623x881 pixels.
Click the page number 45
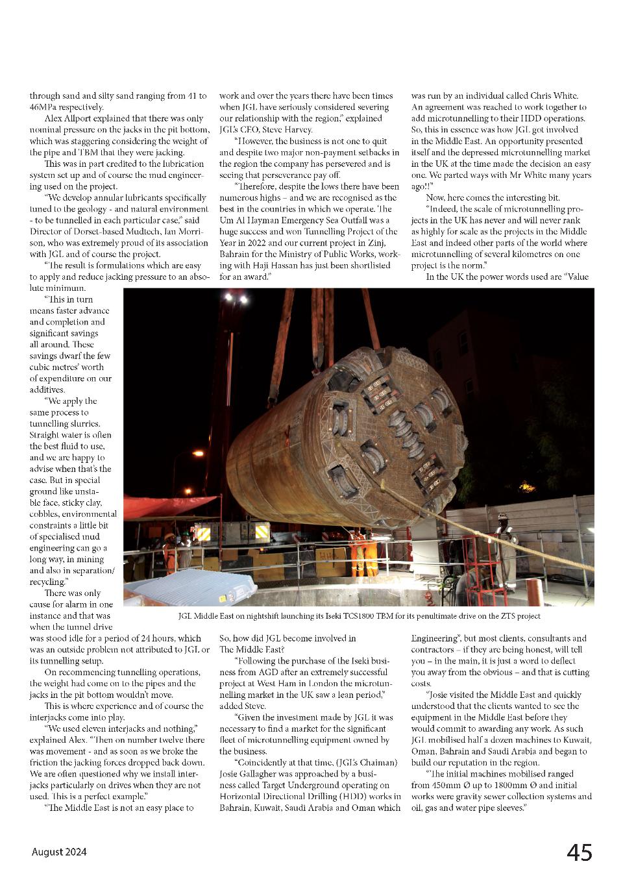pyautogui.click(x=579, y=852)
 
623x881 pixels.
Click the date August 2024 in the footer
pyautogui.click(x=59, y=852)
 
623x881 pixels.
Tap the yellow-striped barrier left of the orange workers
pyautogui.click(x=202, y=533)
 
